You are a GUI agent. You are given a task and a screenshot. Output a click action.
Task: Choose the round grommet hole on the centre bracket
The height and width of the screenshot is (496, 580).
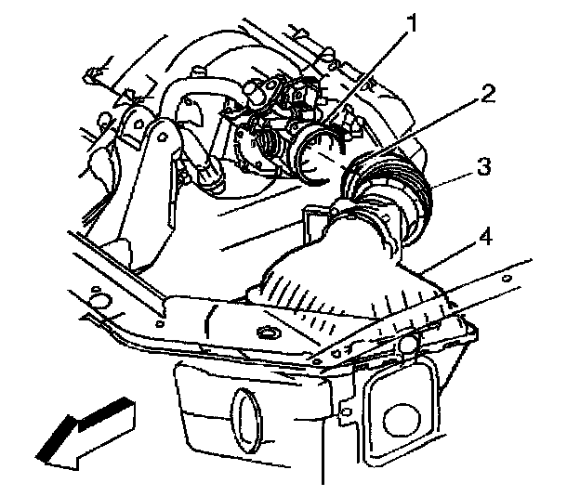pyautogui.click(x=269, y=333)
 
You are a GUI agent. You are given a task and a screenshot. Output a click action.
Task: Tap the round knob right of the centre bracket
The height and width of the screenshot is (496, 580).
pyautogui.click(x=408, y=346)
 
